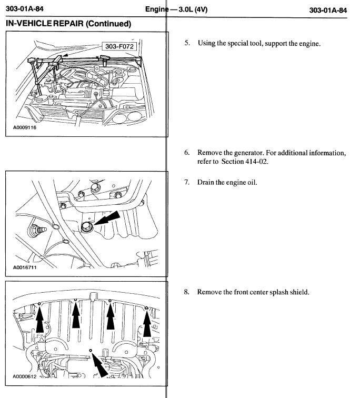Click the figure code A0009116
21,127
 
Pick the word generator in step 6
240,152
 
